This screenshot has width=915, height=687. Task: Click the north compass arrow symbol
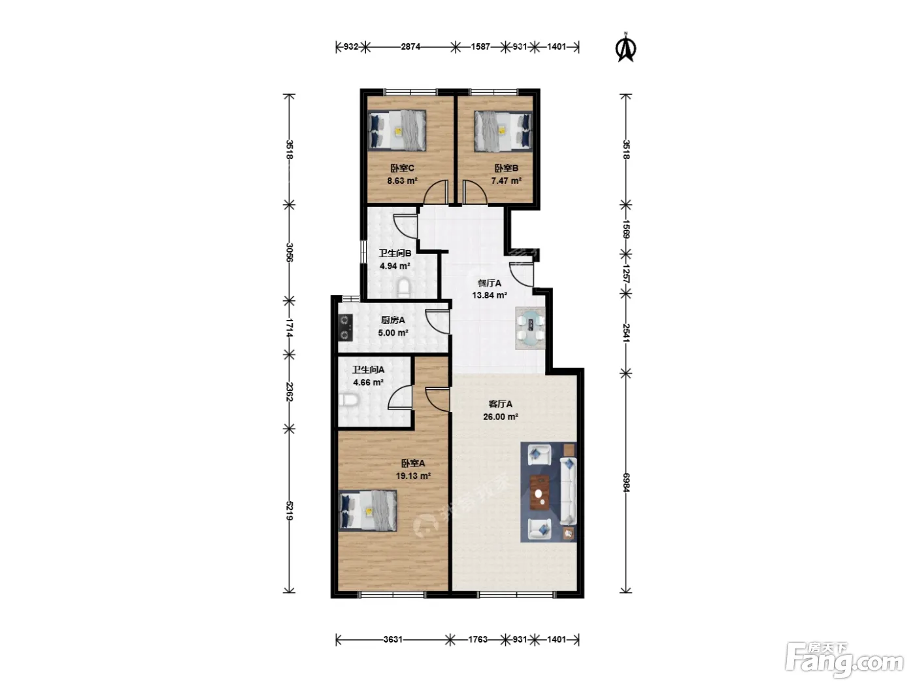pos(625,48)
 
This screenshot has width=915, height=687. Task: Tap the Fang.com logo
pos(844,660)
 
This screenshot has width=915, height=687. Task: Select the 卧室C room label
pos(402,168)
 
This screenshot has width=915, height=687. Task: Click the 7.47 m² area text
pos(506,181)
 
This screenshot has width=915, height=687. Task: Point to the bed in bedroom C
pos(397,131)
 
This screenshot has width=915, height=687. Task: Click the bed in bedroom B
pos(503,131)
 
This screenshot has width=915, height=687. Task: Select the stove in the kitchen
pos(345,327)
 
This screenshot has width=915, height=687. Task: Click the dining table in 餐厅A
pos(530,328)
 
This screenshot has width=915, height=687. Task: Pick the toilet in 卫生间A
pos(349,401)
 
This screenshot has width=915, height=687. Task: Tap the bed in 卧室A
pos(368,510)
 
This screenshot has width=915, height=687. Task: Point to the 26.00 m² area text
pos(500,417)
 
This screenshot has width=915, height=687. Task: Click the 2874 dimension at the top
pos(410,46)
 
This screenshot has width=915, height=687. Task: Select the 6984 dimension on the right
pos(625,482)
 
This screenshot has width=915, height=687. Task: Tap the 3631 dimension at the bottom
pos(393,639)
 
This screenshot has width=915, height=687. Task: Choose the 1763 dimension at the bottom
pos(478,639)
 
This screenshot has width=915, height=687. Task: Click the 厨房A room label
pos(393,320)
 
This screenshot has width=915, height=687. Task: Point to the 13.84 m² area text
pos(490,295)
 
